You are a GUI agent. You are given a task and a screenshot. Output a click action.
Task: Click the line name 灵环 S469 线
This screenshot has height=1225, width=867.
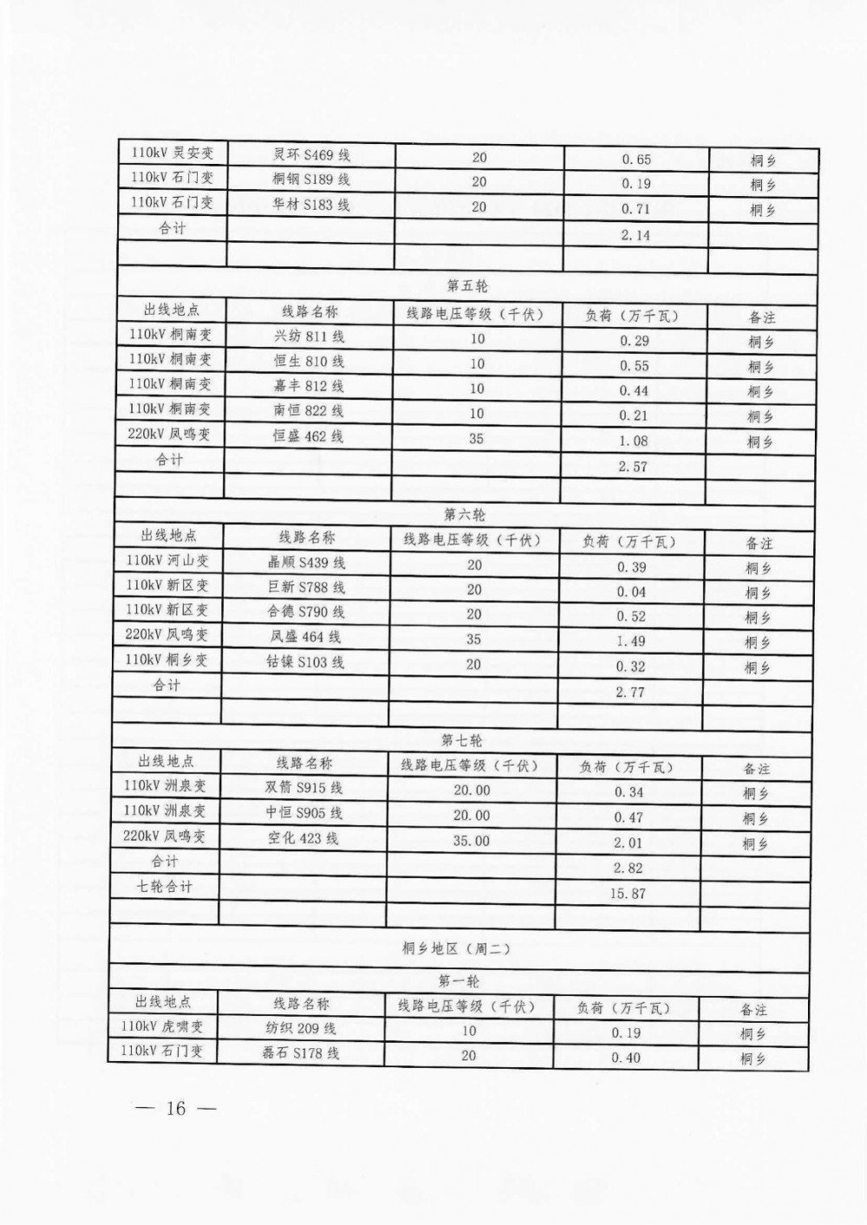(x=311, y=155)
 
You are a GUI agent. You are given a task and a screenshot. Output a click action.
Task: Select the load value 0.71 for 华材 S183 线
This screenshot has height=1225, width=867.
(x=636, y=209)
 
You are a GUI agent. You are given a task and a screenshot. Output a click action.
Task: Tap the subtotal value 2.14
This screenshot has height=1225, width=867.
(x=636, y=235)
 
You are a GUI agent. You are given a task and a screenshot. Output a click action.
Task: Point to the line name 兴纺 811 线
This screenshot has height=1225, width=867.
(x=309, y=336)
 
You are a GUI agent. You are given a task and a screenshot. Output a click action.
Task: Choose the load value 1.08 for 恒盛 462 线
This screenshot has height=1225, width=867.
(x=634, y=440)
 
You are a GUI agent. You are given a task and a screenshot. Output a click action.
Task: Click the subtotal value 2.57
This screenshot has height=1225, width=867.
(x=634, y=466)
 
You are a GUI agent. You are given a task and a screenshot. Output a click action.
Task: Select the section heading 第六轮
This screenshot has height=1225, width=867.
(x=465, y=515)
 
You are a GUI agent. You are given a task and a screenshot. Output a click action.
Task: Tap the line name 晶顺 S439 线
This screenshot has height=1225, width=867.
(x=306, y=563)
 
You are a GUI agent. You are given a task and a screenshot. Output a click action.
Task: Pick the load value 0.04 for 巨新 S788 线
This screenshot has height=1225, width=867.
(x=631, y=592)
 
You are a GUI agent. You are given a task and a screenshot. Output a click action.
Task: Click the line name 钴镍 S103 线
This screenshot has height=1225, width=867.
(x=305, y=662)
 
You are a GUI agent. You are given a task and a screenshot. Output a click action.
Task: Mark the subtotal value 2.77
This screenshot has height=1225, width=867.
(x=630, y=692)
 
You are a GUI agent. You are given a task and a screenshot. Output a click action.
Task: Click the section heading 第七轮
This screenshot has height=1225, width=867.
(x=462, y=740)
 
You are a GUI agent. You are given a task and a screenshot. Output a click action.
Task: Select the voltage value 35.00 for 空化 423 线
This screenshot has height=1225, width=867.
(x=472, y=841)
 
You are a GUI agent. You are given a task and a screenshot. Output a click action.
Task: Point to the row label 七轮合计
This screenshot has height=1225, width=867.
(x=165, y=887)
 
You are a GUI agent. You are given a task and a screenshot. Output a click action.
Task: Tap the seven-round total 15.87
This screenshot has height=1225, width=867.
(x=628, y=893)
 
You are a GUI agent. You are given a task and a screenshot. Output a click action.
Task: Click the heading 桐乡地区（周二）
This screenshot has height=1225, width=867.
(x=457, y=948)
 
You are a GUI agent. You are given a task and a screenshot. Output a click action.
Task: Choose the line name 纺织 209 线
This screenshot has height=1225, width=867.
(x=301, y=1029)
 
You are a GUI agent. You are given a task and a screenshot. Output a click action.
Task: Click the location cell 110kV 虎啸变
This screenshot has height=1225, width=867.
(x=163, y=1026)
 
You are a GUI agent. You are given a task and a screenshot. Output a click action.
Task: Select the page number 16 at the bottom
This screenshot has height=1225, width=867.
(x=176, y=1108)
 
